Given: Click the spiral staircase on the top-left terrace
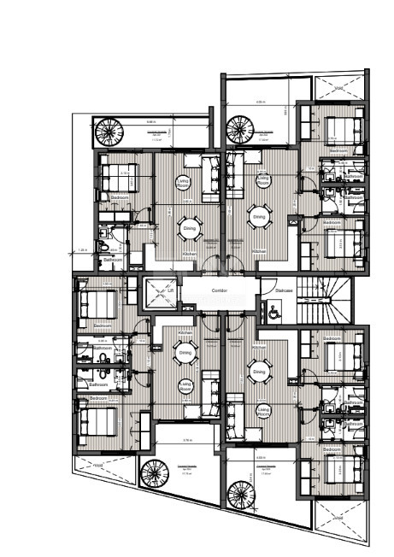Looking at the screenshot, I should [x=109, y=132].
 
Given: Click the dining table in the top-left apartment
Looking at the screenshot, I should [x=190, y=227].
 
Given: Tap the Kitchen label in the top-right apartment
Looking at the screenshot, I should [x=260, y=251].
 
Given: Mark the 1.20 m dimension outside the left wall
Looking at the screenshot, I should [x=82, y=250].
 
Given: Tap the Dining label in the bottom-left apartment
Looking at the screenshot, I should [x=185, y=352].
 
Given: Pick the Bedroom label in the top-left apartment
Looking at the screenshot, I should [x=121, y=197].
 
